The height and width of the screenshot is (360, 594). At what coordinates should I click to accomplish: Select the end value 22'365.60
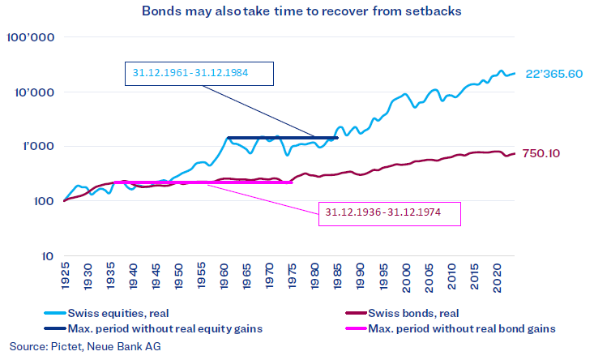click(x=554, y=74)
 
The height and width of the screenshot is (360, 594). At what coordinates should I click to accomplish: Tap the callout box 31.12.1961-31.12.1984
click(x=199, y=73)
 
